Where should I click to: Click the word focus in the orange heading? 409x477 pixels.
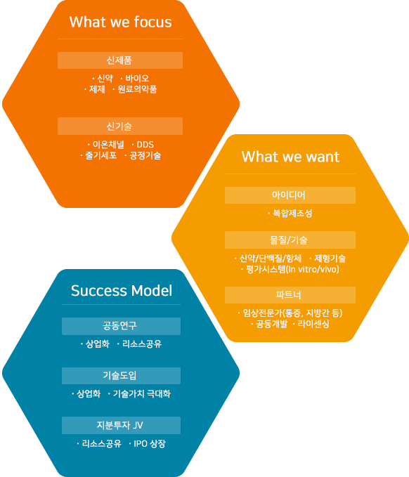click(x=152, y=22)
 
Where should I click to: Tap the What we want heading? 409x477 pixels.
click(x=290, y=157)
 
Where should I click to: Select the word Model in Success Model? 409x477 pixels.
click(x=152, y=291)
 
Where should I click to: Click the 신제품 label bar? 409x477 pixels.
click(x=120, y=60)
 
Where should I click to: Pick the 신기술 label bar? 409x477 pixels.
click(x=120, y=126)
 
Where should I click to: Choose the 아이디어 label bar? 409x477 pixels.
click(x=290, y=195)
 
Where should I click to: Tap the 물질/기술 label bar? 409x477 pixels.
click(x=290, y=240)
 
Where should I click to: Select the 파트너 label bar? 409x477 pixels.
click(x=290, y=295)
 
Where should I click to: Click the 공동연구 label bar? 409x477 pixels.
click(x=121, y=326)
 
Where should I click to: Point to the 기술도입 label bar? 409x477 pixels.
click(x=121, y=376)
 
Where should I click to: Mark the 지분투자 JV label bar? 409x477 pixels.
click(x=121, y=425)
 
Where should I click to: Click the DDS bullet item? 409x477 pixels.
click(x=143, y=145)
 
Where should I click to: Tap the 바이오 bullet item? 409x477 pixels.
click(x=134, y=79)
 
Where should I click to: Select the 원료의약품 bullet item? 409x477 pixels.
click(x=134, y=89)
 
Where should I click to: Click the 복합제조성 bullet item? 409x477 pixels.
click(x=290, y=214)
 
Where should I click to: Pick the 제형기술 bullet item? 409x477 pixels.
click(x=327, y=259)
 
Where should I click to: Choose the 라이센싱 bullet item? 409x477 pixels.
click(x=311, y=324)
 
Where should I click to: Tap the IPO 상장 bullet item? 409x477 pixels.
click(x=147, y=444)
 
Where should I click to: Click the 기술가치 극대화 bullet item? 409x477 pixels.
click(x=139, y=394)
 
